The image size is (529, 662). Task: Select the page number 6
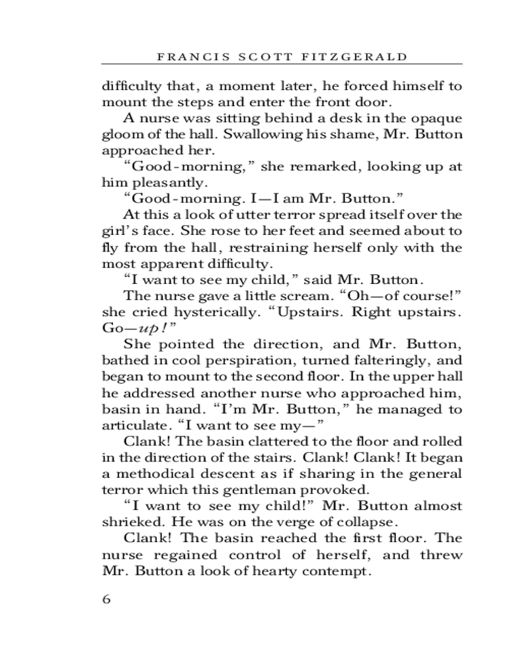pos(106,600)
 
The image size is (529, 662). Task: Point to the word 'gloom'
pos(120,134)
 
